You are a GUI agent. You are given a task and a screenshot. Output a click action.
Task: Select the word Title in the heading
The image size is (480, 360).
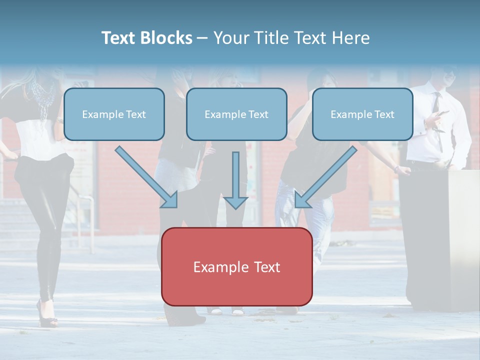pyautogui.click(x=272, y=38)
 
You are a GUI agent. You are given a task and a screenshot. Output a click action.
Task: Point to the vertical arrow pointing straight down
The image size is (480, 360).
pyautogui.click(x=235, y=180)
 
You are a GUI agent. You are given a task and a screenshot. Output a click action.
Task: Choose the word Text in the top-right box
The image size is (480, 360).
pyautogui.click(x=384, y=114)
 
